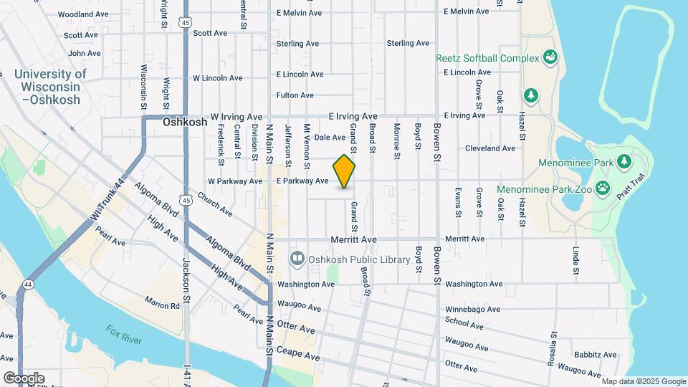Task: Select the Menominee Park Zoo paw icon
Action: point(603,189)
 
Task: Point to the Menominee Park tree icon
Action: point(623,161)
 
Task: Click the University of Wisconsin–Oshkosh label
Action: point(49,87)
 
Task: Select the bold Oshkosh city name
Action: point(185,122)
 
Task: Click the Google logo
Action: point(23,378)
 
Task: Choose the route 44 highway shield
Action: point(27,284)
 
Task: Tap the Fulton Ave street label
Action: point(295,95)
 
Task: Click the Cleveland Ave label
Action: point(489,148)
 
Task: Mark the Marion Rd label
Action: point(161,305)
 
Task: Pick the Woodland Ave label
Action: point(83,14)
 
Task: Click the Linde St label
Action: point(575,261)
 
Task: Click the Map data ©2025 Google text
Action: point(643,381)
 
